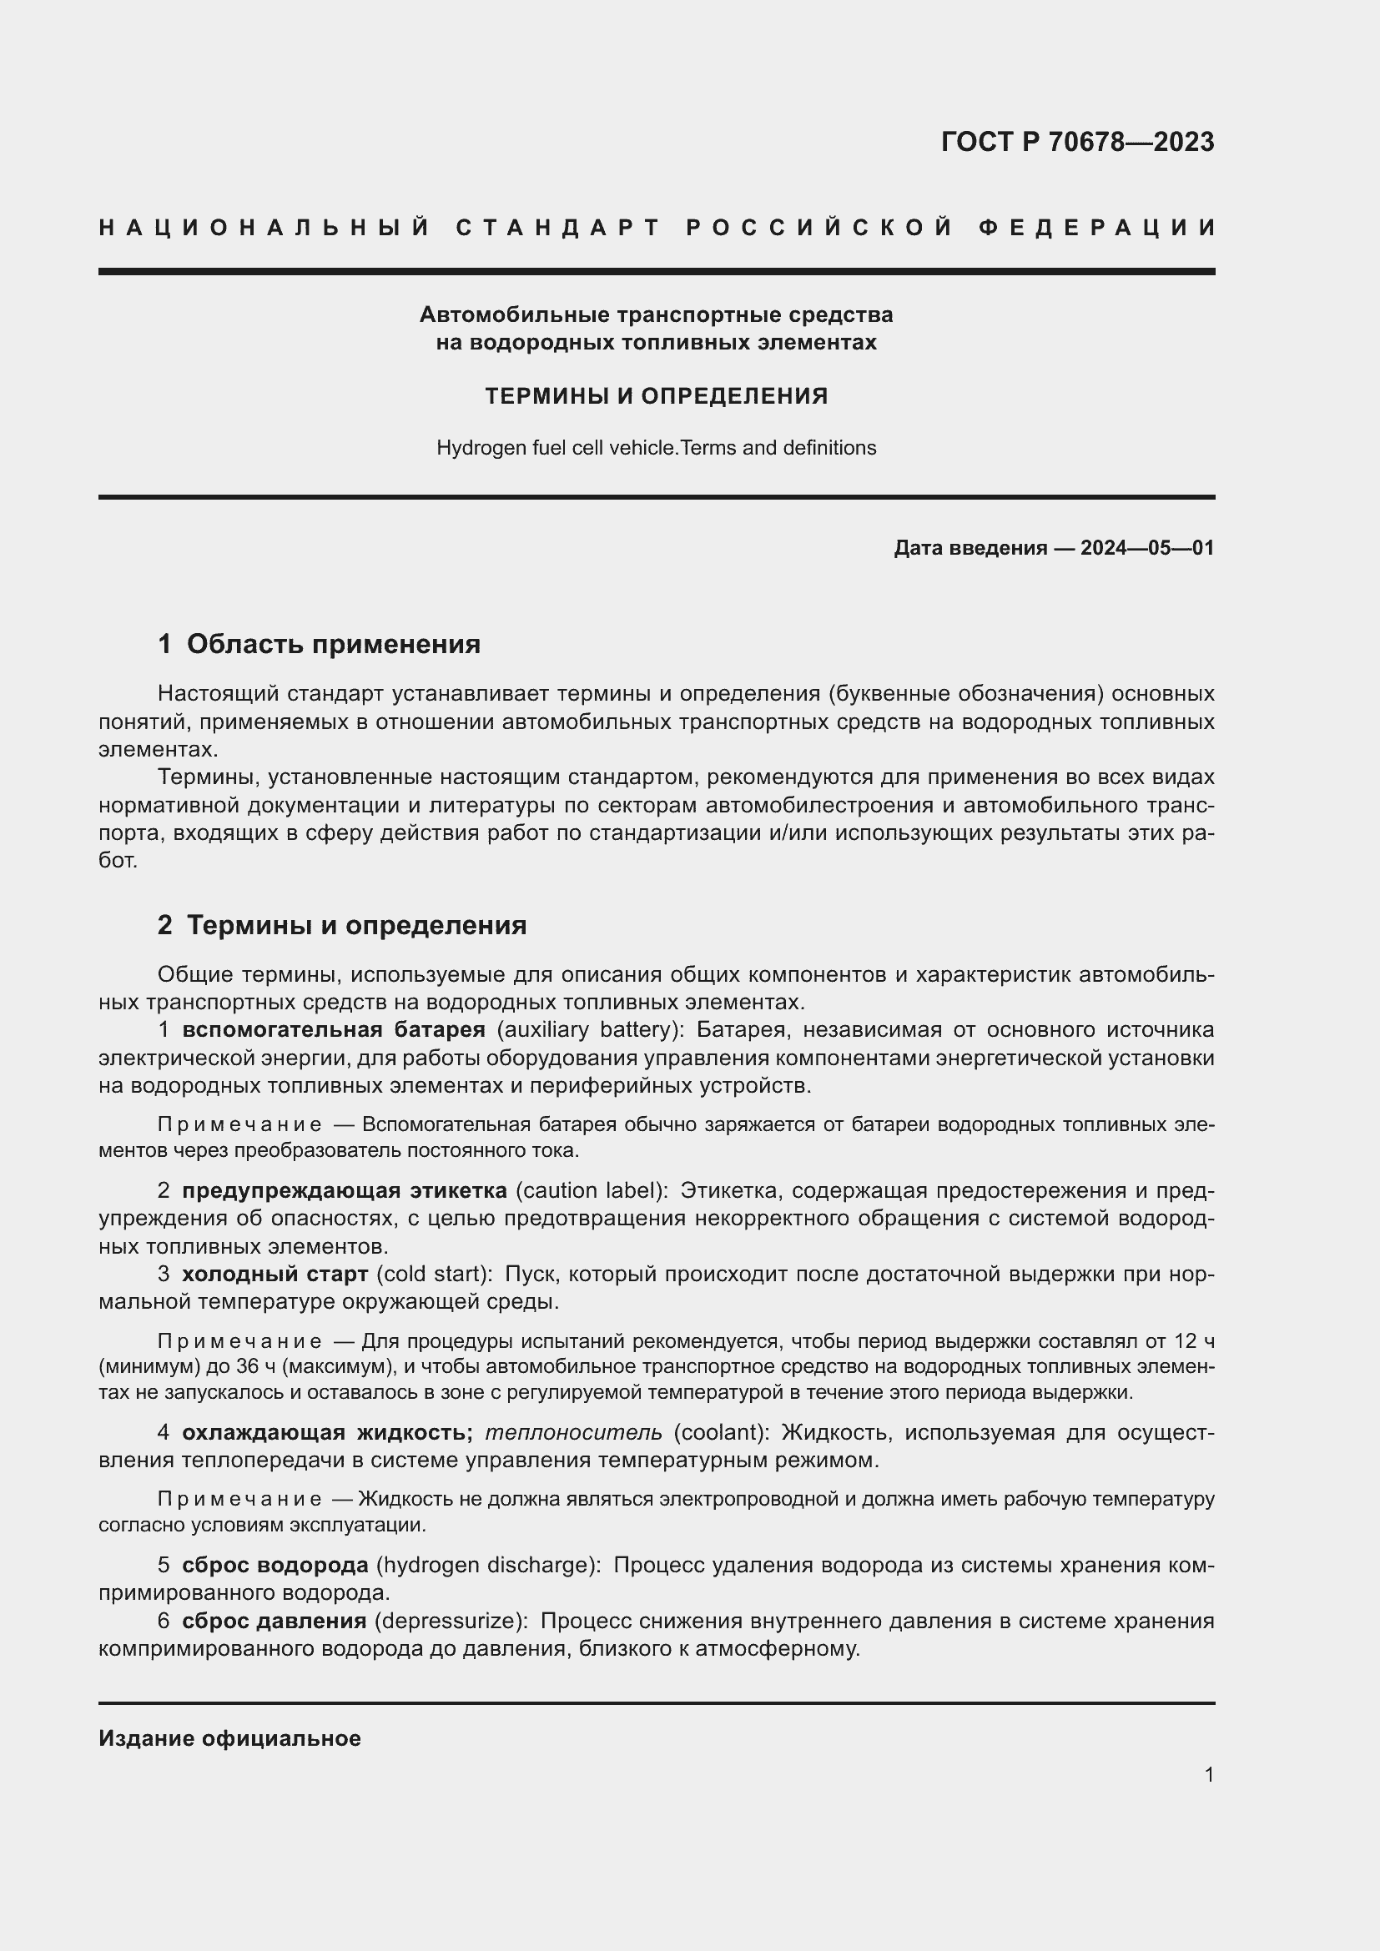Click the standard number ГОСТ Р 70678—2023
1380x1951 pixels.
(x=1076, y=142)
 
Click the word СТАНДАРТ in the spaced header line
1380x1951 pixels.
(x=558, y=228)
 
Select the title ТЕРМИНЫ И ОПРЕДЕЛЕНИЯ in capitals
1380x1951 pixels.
(x=656, y=396)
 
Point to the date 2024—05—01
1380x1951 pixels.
(x=1147, y=548)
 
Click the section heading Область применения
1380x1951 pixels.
(x=333, y=644)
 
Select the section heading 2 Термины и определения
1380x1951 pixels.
(x=341, y=924)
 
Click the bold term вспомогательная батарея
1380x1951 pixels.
(x=333, y=1030)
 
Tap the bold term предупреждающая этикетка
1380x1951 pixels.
(x=344, y=1190)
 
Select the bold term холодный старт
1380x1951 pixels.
(x=274, y=1274)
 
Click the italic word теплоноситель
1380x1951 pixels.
(x=573, y=1433)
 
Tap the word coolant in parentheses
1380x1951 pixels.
(x=722, y=1433)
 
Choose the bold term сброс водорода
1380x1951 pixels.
(x=274, y=1565)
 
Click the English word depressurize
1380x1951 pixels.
(x=448, y=1621)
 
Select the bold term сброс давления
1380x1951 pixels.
(x=274, y=1621)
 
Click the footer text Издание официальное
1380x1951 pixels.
(x=229, y=1738)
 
